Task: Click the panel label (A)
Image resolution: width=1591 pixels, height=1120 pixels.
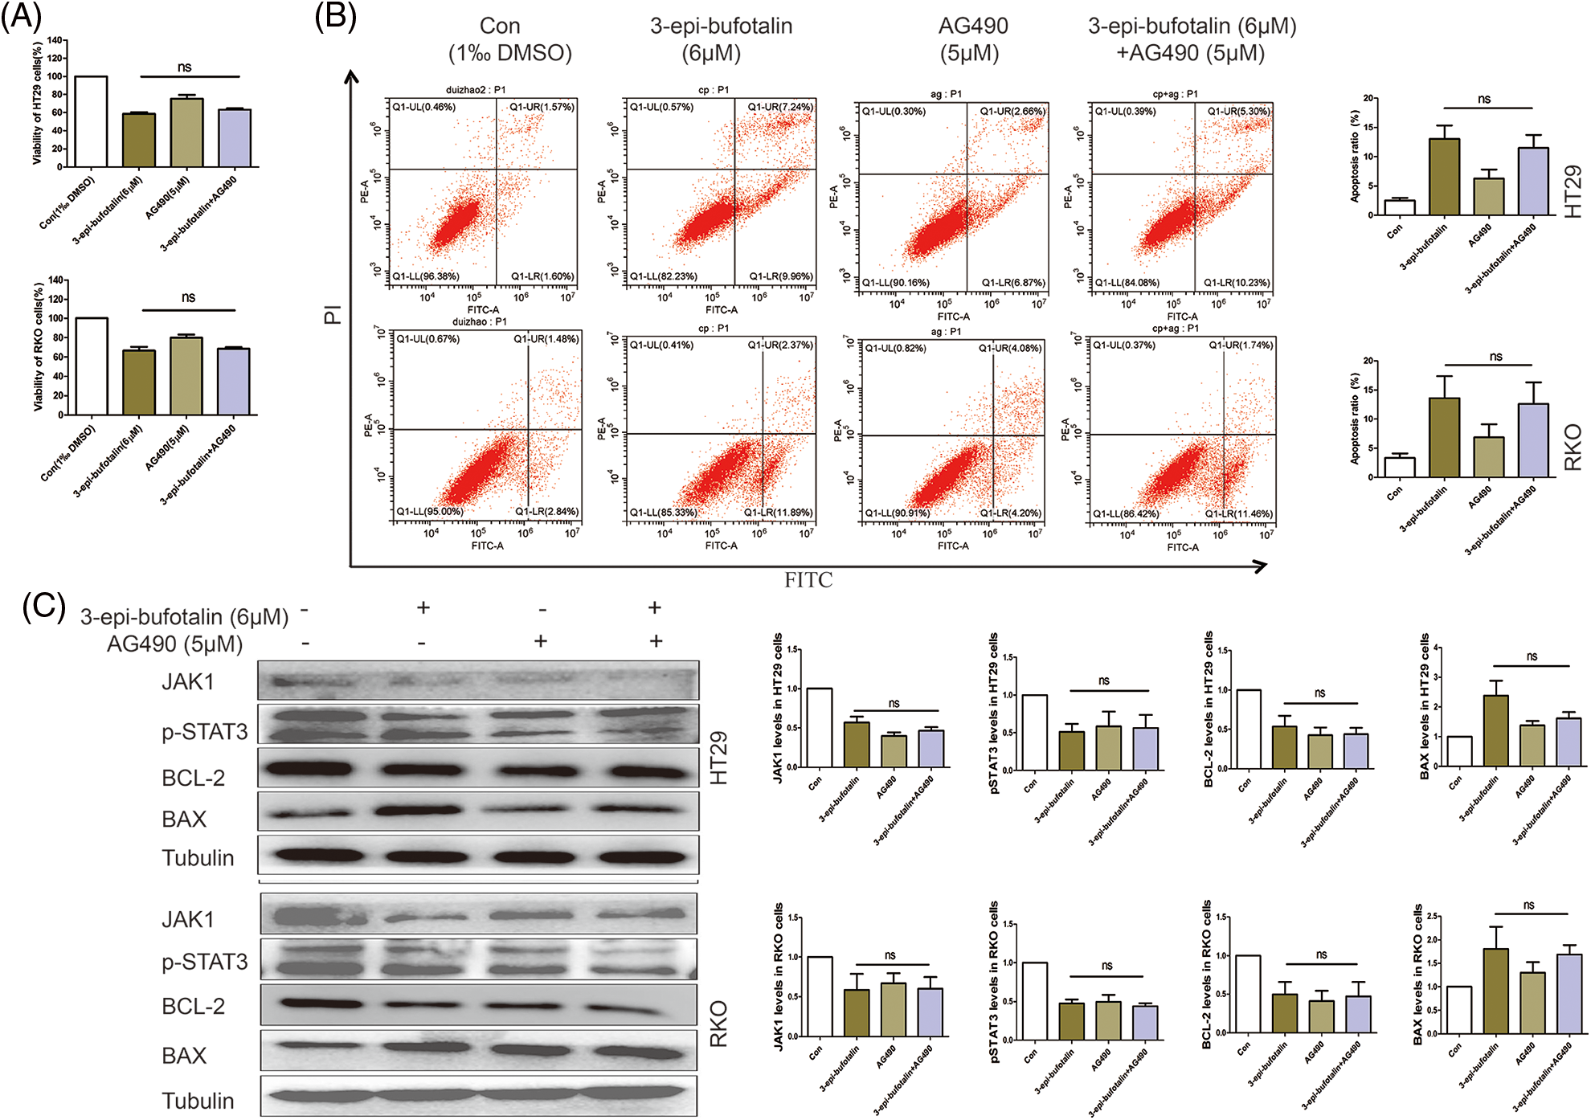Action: [x=21, y=16]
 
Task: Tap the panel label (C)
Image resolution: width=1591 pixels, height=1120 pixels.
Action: [x=43, y=607]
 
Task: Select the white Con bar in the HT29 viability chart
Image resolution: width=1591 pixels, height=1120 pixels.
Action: [x=91, y=121]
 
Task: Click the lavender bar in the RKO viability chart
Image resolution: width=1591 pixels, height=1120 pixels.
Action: [x=233, y=382]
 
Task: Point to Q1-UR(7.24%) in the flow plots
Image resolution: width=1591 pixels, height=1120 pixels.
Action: [x=779, y=107]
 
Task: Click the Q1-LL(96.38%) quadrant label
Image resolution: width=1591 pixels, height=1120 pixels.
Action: [x=425, y=276]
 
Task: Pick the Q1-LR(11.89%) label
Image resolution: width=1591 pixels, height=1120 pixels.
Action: [x=777, y=513]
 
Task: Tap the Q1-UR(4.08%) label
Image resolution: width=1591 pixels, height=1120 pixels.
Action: [x=1009, y=348]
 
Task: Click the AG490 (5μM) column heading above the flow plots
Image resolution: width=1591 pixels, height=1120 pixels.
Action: [x=972, y=39]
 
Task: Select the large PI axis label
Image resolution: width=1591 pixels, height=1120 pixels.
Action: [x=333, y=314]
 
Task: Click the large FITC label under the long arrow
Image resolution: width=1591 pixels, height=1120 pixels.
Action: [x=808, y=580]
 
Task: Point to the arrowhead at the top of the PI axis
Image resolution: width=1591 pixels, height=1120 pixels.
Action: [x=351, y=76]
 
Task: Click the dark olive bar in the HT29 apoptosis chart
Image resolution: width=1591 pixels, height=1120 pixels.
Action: [x=1444, y=177]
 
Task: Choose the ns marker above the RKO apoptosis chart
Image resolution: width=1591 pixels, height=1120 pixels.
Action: [x=1495, y=356]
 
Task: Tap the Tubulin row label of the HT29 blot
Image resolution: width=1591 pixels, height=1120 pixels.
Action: [x=198, y=858]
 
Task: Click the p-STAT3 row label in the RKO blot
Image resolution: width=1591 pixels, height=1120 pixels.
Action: [x=204, y=962]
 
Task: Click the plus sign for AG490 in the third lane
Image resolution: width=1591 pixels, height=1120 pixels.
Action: [x=541, y=641]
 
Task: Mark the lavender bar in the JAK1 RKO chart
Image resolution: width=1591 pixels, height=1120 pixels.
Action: [x=930, y=1012]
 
